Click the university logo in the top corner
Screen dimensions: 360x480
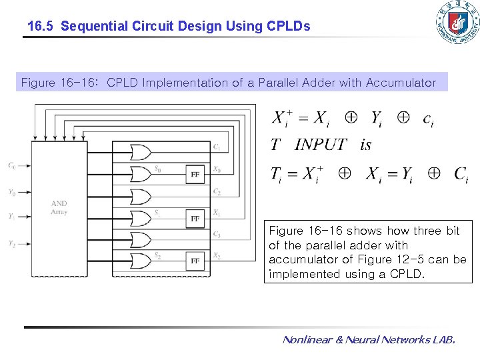pyautogui.click(x=457, y=23)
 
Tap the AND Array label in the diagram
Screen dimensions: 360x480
pyautogui.click(x=59, y=207)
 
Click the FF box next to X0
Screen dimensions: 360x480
pyautogui.click(x=195, y=175)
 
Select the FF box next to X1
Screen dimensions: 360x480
pyautogui.click(x=195, y=218)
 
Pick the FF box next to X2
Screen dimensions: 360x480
pyautogui.click(x=195, y=261)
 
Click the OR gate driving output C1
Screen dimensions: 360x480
pyautogui.click(x=141, y=153)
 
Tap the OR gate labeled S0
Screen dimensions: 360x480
pyautogui.click(x=141, y=174)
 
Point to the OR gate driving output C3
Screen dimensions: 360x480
pyautogui.click(x=141, y=239)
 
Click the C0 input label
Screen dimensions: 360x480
pyautogui.click(x=12, y=165)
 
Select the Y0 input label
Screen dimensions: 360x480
pyautogui.click(x=12, y=193)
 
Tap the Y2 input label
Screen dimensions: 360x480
pyautogui.click(x=12, y=244)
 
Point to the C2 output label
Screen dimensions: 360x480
pyautogui.click(x=217, y=192)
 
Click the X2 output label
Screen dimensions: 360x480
pyautogui.click(x=217, y=256)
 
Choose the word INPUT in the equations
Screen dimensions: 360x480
pyautogui.click(x=321, y=144)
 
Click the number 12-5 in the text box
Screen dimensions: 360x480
pyautogui.click(x=419, y=259)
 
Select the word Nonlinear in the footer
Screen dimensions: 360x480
pyautogui.click(x=306, y=340)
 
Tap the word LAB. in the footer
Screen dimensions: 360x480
pyautogui.click(x=444, y=340)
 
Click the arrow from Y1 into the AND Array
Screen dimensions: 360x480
pyautogui.click(x=25, y=216)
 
